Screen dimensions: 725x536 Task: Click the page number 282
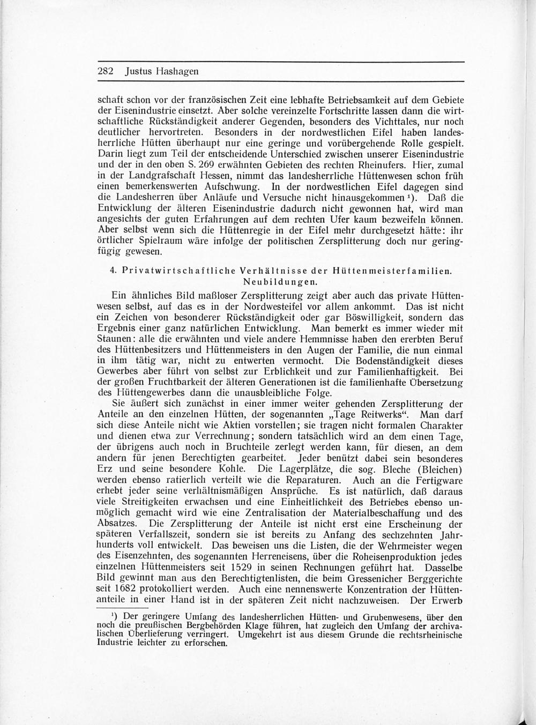pos(106,72)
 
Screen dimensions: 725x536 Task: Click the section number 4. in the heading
pos(113,271)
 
